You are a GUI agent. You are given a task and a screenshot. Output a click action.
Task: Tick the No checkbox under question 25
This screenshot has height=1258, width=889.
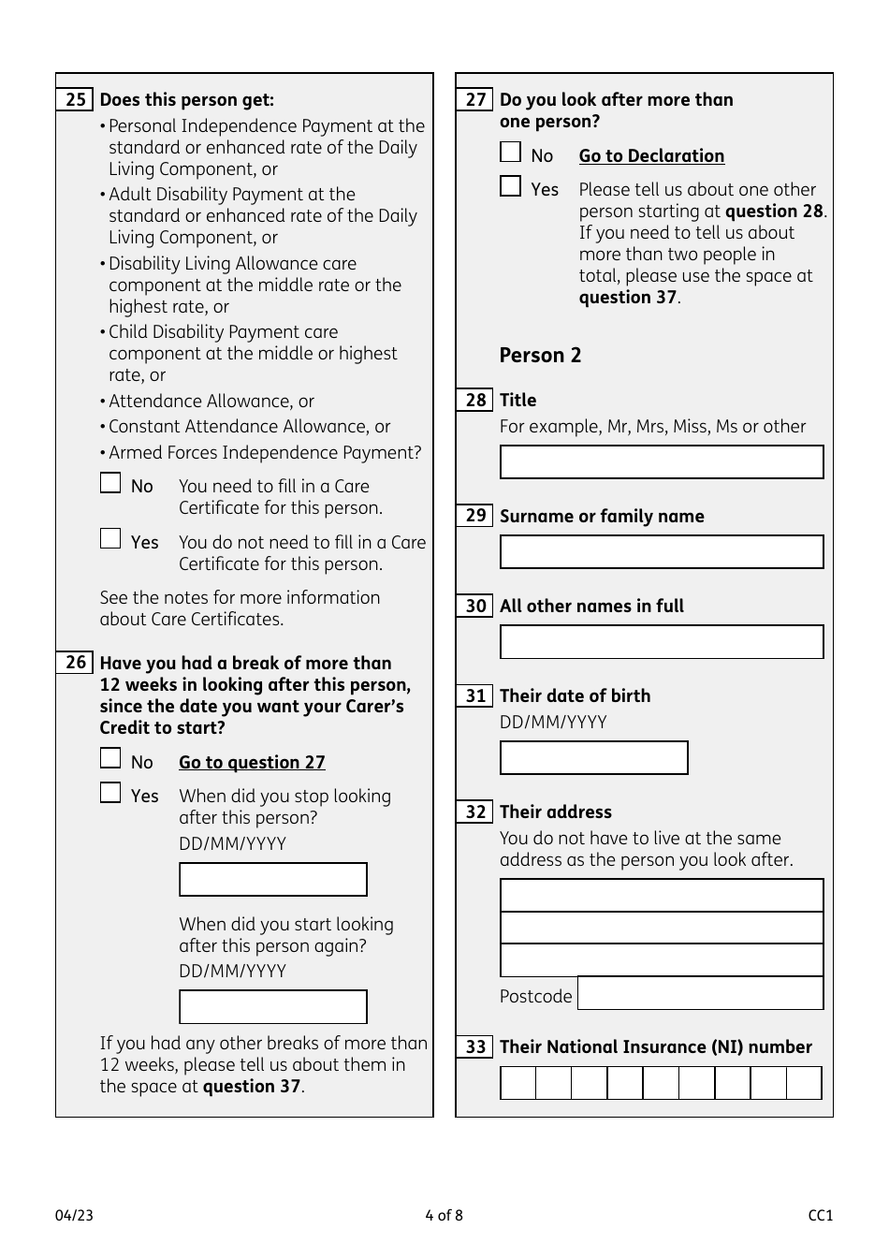pos(110,483)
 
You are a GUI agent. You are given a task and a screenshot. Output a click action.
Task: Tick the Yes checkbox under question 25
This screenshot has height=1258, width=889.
pos(110,539)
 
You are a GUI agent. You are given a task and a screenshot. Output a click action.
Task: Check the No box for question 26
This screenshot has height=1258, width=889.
pos(110,759)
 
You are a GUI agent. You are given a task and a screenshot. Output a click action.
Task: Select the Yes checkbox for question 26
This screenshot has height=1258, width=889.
pos(110,793)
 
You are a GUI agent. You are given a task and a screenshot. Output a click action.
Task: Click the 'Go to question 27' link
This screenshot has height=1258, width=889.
pos(252,763)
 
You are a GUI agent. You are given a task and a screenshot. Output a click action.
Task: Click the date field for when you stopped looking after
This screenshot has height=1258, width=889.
pos(272,880)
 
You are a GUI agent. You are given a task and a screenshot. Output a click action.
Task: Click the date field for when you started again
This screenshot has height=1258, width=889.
pos(272,1007)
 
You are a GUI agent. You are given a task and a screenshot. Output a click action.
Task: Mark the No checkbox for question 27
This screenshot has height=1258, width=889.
pos(510,153)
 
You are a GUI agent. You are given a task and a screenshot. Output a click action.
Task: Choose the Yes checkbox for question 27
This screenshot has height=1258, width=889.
pos(510,186)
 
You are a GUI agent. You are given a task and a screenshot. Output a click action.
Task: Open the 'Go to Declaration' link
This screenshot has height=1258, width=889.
pos(651,156)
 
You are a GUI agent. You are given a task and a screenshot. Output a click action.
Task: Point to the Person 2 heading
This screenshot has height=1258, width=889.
pos(540,356)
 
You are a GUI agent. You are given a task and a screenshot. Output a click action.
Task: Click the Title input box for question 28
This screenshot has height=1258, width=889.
pos(662,462)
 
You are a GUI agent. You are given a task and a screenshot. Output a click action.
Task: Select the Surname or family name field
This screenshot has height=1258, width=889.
pos(662,552)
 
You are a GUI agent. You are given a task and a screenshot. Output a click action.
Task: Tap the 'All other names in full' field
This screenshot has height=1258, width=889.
pos(662,642)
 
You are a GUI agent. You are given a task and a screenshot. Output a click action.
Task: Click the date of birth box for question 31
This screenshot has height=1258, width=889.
pos(593,758)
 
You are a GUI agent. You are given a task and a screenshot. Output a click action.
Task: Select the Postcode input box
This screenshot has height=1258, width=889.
pos(700,993)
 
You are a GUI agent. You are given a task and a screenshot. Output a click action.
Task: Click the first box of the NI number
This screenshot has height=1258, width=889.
pos(518,1083)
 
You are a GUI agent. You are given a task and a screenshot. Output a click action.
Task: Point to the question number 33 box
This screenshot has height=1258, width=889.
pos(475,1047)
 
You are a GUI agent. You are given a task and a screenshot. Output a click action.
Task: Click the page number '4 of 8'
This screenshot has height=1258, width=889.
pos(444,1216)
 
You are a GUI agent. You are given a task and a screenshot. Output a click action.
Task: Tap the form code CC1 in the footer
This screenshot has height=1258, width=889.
pos(820,1216)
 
